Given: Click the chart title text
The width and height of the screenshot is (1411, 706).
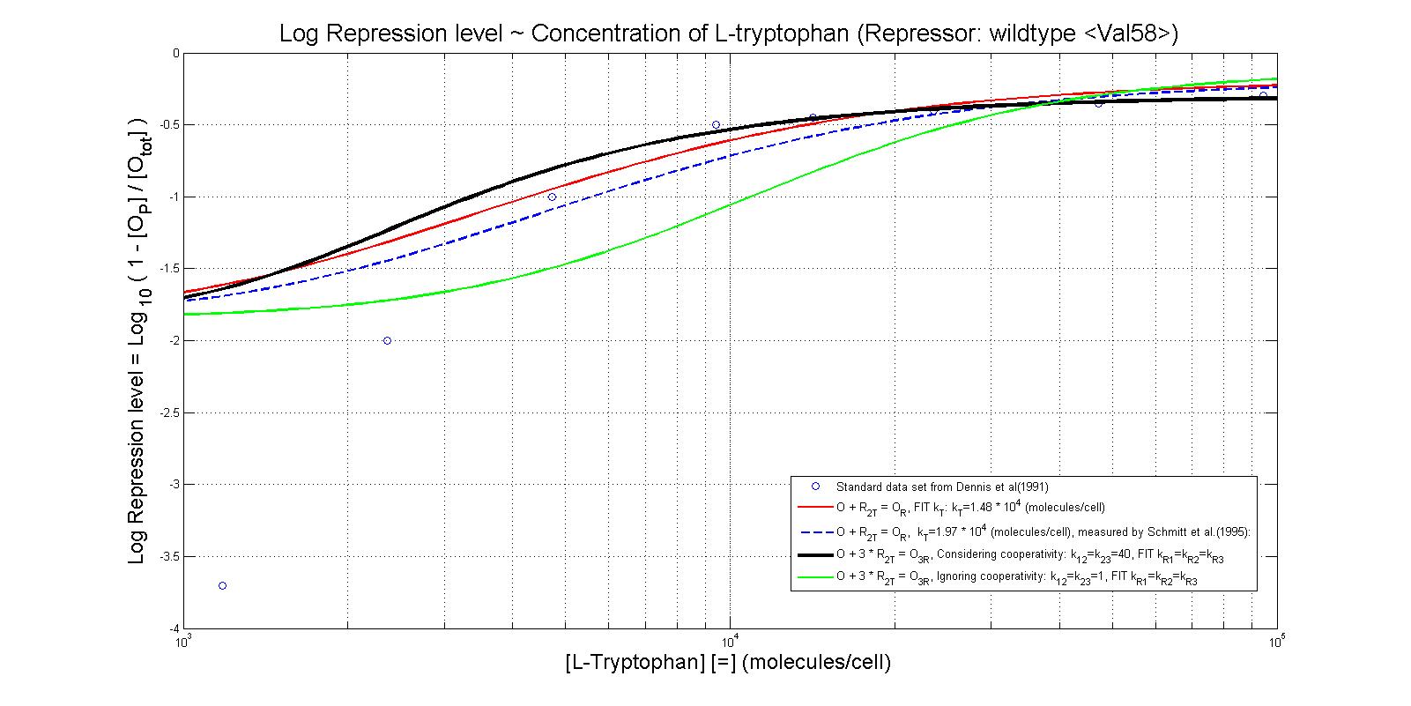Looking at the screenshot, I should coord(728,33).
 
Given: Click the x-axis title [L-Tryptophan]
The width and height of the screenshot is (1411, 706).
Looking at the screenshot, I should coord(728,662).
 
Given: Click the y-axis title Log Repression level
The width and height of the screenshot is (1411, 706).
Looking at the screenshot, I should coord(137,340).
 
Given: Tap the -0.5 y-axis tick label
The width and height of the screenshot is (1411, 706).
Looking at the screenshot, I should coord(167,124).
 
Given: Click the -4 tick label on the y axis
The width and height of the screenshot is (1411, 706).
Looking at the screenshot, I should coord(171,628).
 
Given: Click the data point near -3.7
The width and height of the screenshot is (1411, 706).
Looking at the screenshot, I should coord(222,585).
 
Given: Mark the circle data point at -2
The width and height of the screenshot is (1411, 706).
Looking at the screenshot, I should coord(387,340).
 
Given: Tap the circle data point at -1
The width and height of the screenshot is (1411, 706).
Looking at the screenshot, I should coord(552,197).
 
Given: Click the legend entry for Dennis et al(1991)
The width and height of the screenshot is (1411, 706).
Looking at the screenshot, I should coord(941,486).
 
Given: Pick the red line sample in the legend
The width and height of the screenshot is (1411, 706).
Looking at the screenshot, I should coord(815,508).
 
